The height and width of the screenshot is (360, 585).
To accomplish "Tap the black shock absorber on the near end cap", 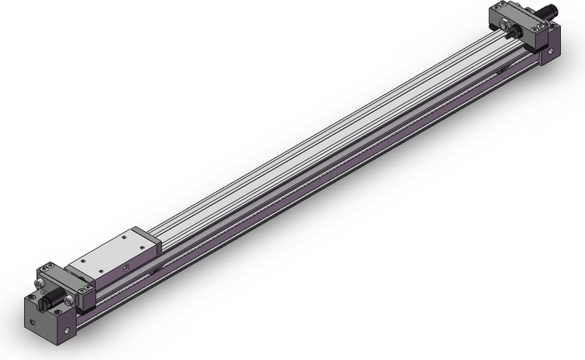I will (50, 299).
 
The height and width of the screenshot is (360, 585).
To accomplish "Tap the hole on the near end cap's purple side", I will (69, 331).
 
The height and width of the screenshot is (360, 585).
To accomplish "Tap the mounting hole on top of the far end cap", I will (554, 27).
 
